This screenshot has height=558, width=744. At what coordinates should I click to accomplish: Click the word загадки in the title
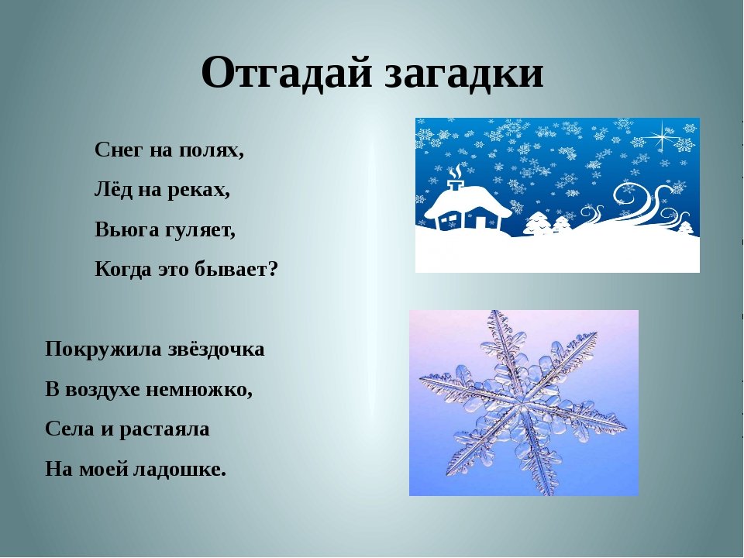(x=463, y=74)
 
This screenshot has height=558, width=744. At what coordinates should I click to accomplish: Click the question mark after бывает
(x=272, y=269)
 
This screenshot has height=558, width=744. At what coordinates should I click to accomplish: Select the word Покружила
(x=103, y=350)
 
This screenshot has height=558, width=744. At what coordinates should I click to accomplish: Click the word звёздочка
(x=216, y=350)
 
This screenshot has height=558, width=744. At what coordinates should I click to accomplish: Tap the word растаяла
(x=164, y=429)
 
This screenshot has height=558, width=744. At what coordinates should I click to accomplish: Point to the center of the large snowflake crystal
(x=523, y=403)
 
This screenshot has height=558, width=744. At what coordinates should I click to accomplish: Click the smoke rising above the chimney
(x=456, y=171)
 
